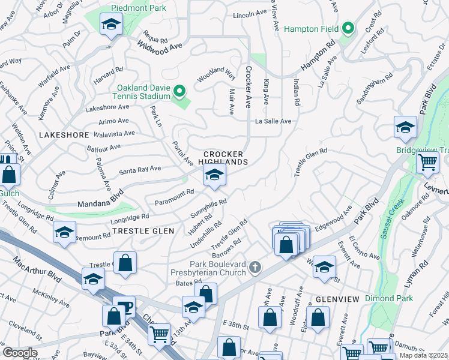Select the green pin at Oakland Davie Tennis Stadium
coord(179,91)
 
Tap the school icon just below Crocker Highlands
coord(214,175)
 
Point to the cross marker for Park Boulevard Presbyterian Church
coord(256,266)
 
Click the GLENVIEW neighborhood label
coord(337,299)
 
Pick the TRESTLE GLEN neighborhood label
coord(144,231)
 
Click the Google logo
coord(20,353)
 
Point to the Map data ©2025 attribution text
coord(423,355)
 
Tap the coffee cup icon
coord(125,307)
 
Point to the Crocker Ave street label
coord(247,87)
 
